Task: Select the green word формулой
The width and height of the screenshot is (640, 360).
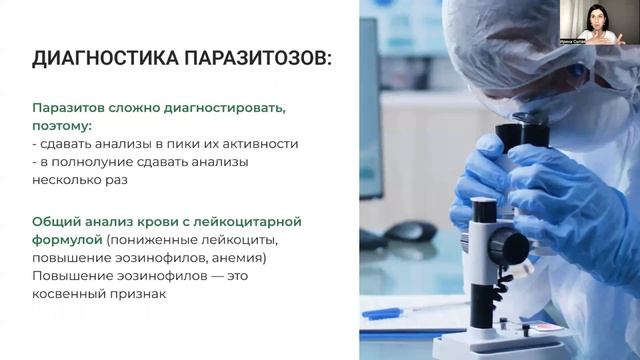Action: click(67, 239)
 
